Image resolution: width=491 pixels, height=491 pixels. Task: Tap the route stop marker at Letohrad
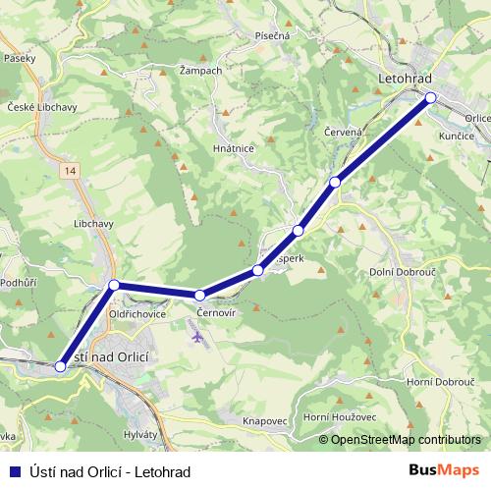[430, 97]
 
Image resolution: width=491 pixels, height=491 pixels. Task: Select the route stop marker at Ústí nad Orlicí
[61, 366]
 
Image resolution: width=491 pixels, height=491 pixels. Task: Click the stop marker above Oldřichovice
[114, 285]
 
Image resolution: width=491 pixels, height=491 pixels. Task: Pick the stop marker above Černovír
[199, 295]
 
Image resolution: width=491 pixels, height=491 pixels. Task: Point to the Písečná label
[271, 35]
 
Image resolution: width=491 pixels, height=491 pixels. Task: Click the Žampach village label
[201, 72]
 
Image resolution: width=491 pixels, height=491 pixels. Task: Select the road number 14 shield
[67, 171]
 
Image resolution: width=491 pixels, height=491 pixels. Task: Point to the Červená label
[344, 131]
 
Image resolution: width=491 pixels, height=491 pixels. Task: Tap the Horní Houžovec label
[340, 417]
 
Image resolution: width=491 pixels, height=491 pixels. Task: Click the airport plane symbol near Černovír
[198, 337]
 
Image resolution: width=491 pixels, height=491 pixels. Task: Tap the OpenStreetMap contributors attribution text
[404, 439]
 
